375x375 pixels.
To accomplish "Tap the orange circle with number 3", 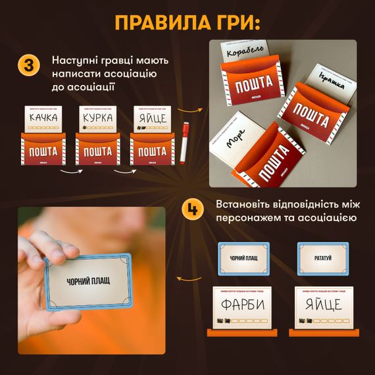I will [28, 66].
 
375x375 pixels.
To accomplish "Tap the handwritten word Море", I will [227, 139].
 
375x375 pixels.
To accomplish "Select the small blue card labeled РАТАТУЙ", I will [323, 258].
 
